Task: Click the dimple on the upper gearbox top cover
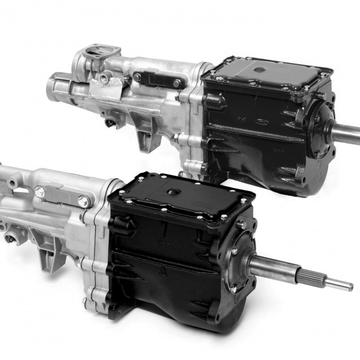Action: (x=261, y=69)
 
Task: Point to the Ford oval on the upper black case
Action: (x=261, y=121)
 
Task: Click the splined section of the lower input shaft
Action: (x=311, y=276)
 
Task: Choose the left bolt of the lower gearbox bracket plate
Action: (x=40, y=192)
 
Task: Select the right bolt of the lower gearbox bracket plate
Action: (x=83, y=202)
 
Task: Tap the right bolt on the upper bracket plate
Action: (x=177, y=83)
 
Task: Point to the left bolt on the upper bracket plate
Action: (x=137, y=77)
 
